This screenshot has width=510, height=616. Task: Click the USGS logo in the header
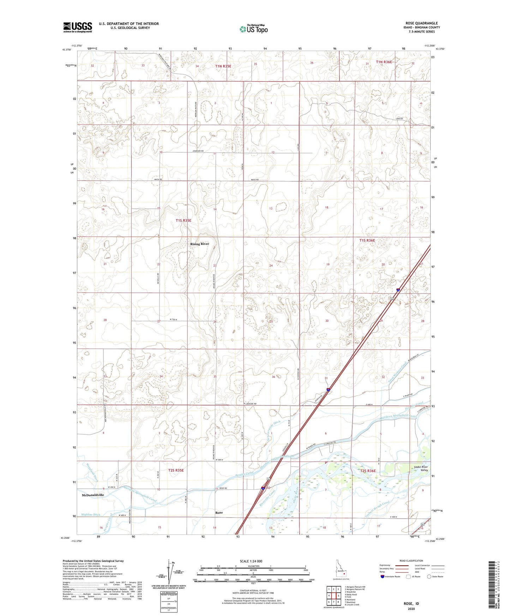[x=78, y=27]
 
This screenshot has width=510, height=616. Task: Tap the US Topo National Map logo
[x=253, y=29]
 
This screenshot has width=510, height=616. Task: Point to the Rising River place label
[x=200, y=244]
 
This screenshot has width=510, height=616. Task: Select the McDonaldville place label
[x=93, y=495]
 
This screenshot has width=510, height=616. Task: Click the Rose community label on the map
[x=219, y=512]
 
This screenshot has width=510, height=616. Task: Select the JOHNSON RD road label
[x=198, y=151]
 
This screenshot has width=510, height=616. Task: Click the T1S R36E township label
[x=367, y=240]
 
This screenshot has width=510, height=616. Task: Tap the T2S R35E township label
[x=176, y=470]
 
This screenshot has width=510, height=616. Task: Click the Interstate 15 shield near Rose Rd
[x=263, y=488]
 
